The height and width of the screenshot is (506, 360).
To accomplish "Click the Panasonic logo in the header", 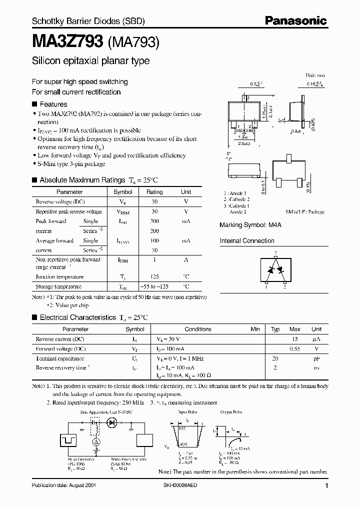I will click(295, 21).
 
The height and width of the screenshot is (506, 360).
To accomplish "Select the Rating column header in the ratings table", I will click(154, 192).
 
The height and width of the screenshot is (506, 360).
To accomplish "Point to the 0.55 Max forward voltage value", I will click(295, 348).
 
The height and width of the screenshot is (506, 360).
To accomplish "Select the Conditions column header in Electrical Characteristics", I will click(198, 329).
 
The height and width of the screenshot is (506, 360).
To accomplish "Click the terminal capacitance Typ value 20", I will click(274, 358).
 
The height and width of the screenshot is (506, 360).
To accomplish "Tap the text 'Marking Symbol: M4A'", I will click(250, 225).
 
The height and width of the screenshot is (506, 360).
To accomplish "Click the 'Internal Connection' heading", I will click(247, 240).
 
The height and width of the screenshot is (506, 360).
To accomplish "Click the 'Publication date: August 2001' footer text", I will click(63, 486).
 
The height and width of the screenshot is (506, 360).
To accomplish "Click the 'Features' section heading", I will click(53, 104).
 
